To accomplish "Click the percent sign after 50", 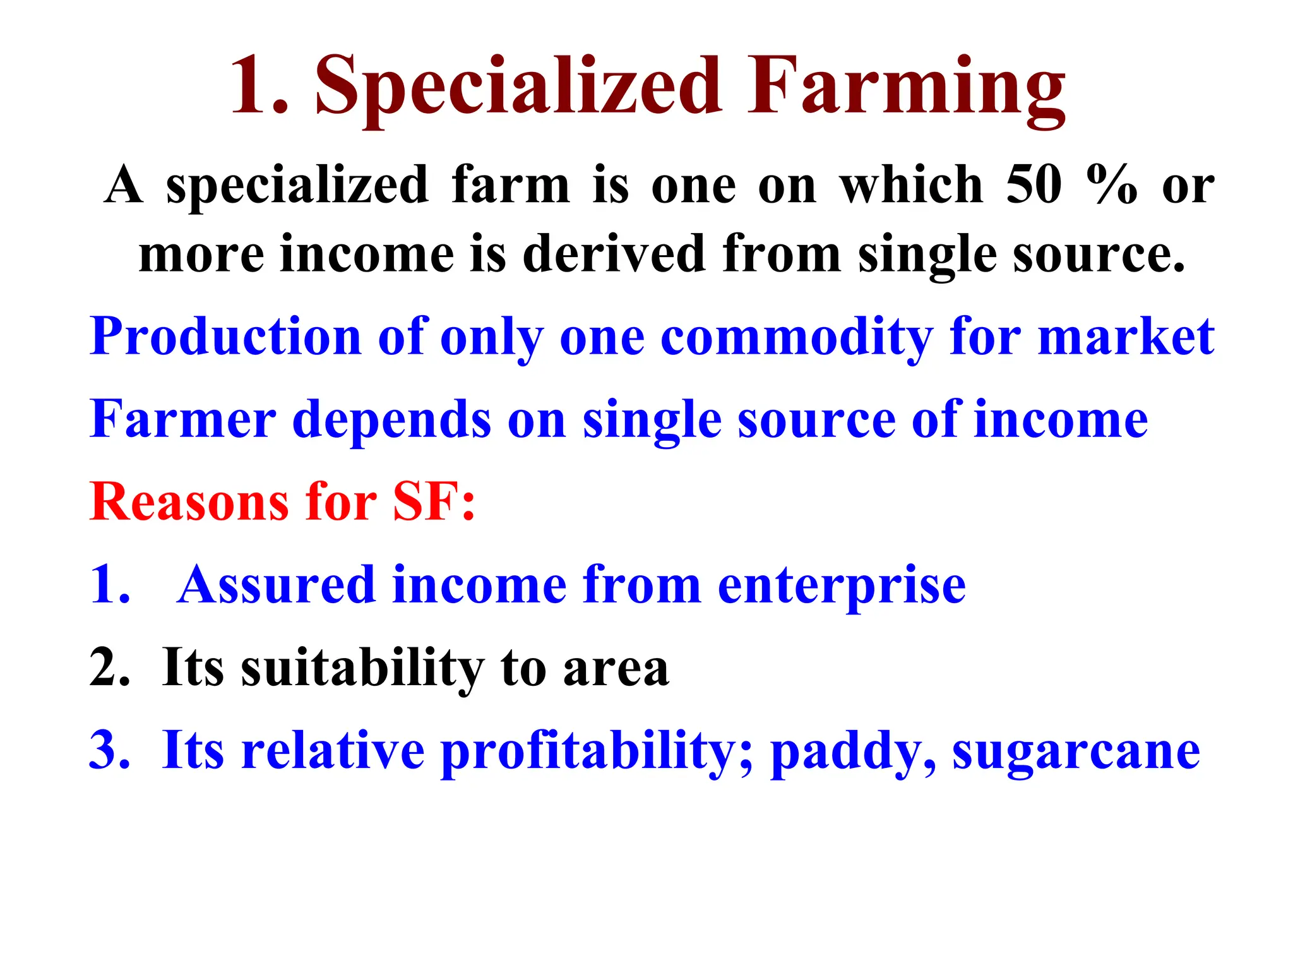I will [x=1112, y=185].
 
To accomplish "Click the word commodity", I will [x=797, y=337].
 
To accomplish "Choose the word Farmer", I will [x=183, y=419].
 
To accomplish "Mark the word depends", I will [x=391, y=419].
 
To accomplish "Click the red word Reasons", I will [x=189, y=502].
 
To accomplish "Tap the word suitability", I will [x=362, y=668].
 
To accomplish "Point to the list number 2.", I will [x=109, y=668].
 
